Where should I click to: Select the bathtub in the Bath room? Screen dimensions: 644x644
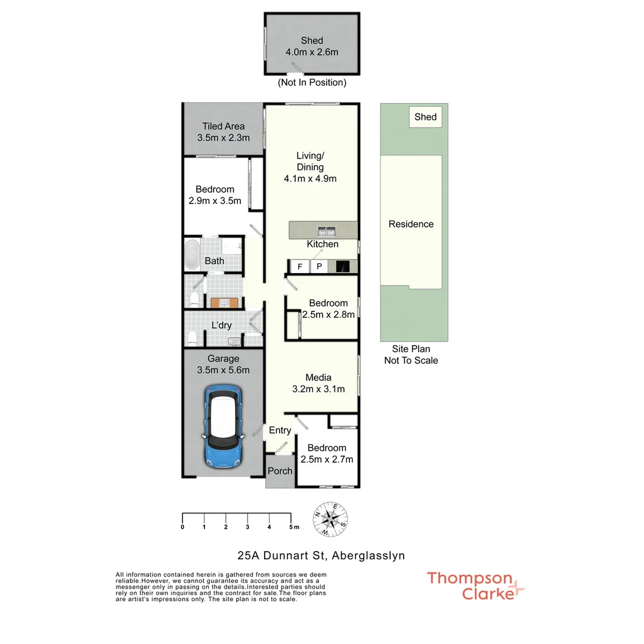pos(192,255)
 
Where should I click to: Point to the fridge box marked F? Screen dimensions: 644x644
pos(300,267)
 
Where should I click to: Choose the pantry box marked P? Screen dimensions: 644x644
pos(319,267)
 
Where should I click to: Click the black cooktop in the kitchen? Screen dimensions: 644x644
pos(343,267)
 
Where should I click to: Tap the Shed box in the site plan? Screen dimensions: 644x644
pos(426,117)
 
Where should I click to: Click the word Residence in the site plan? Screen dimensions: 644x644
pos(411,224)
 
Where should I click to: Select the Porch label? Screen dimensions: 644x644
pos(280,471)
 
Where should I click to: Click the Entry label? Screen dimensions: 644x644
pos(280,431)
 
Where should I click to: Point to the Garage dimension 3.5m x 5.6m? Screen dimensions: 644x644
pos(224,370)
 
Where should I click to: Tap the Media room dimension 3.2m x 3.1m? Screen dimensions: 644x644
pos(318,389)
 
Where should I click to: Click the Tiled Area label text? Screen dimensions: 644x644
pos(223,126)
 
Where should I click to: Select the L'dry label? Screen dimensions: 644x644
pos(222,326)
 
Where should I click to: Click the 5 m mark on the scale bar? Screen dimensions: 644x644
pos(292,527)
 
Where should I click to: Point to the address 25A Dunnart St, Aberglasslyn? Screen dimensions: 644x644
pos(321,556)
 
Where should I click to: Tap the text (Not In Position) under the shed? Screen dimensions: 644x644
pos(312,83)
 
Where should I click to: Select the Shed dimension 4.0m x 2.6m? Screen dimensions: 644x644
pos(312,52)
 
